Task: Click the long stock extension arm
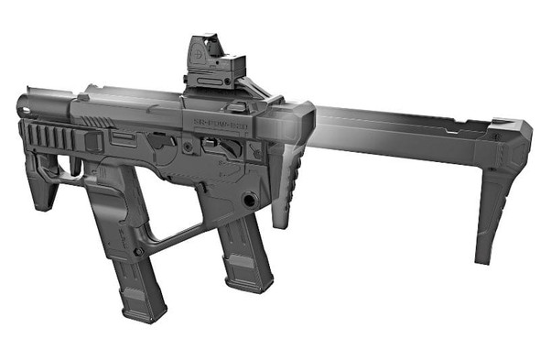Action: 403,129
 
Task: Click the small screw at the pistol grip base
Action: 137,252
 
